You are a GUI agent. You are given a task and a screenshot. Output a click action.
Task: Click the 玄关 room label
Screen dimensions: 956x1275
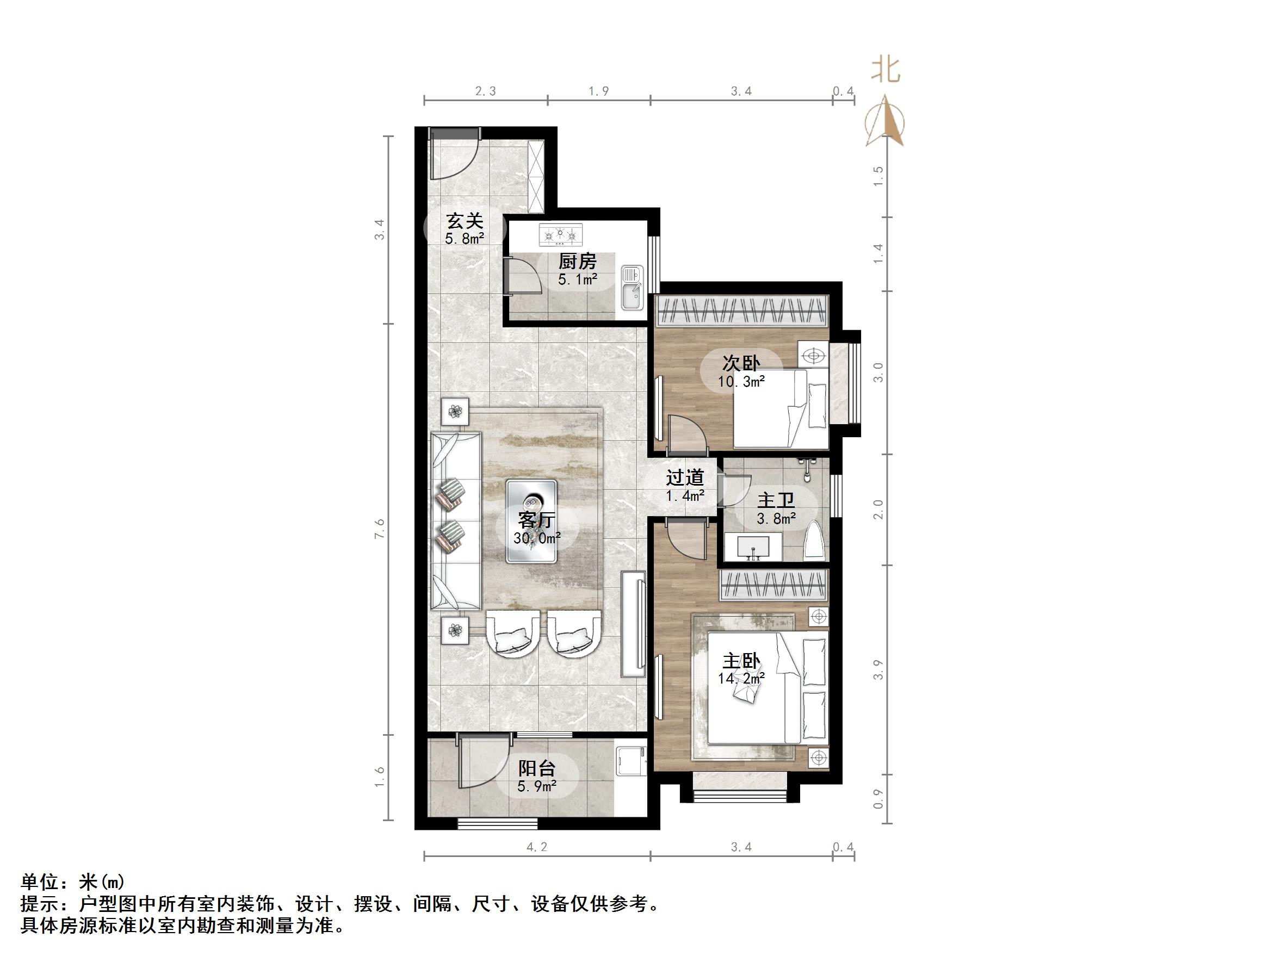(x=465, y=220)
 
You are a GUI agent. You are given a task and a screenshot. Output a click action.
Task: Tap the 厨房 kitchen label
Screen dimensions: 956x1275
(x=577, y=262)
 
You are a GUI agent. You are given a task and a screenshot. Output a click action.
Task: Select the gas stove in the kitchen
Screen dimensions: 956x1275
(x=560, y=234)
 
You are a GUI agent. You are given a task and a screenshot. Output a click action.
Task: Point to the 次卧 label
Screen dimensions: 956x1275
(x=741, y=363)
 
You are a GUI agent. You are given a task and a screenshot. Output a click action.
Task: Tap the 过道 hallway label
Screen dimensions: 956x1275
(x=685, y=477)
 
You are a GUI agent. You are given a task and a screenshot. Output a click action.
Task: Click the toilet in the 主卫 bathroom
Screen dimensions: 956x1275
(x=813, y=541)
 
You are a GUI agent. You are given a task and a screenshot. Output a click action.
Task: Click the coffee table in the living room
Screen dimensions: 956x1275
(x=531, y=521)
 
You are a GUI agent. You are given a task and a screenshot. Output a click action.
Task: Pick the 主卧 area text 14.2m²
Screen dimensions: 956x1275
(x=741, y=678)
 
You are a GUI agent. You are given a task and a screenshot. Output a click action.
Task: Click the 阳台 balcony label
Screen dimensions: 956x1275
(x=537, y=768)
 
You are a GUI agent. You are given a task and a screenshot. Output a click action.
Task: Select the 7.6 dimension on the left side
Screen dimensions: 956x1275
(x=379, y=529)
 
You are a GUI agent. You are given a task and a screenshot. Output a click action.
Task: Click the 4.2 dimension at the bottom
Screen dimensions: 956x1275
(x=537, y=847)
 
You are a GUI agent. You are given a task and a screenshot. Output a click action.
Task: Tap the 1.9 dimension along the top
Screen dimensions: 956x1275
(x=598, y=91)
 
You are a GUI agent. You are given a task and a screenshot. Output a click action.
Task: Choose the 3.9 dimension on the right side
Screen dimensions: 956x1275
(x=878, y=669)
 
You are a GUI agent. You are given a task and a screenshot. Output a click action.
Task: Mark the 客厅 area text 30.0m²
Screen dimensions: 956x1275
(x=537, y=538)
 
